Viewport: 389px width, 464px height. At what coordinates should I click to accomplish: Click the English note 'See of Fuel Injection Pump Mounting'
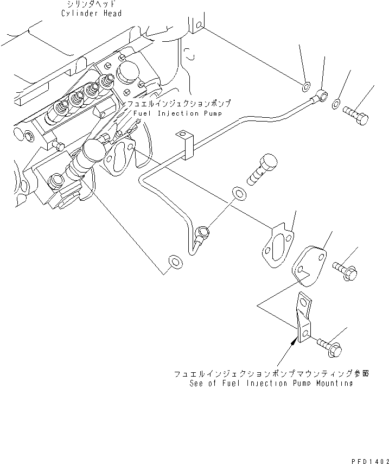pos(271,383)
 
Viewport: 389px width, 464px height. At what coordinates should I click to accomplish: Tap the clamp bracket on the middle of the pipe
pos(186,145)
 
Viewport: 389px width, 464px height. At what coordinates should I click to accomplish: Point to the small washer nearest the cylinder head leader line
pos(306,85)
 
